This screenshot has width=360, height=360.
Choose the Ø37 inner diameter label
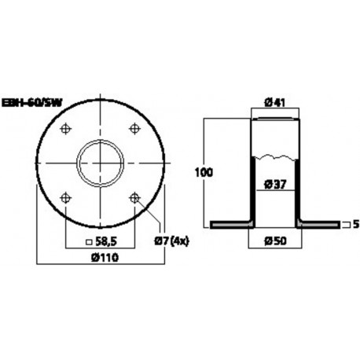pyautogui.click(x=274, y=185)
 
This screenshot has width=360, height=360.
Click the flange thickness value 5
pyautogui.click(x=355, y=225)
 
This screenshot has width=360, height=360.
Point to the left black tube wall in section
pyautogui.click(x=252, y=189)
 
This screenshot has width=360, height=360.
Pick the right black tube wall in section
pyautogui.click(x=298, y=189)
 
